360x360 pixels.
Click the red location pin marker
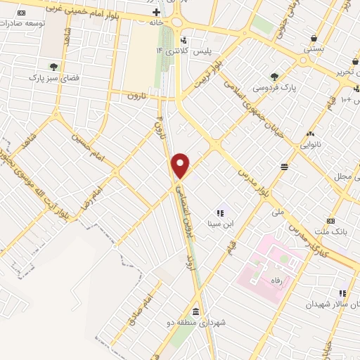tap(181, 165)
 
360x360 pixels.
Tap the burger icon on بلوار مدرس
tap(283, 166)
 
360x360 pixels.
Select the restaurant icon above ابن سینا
tap(220, 212)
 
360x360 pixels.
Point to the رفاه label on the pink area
tap(266, 280)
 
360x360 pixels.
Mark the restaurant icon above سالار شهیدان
tap(342, 293)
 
